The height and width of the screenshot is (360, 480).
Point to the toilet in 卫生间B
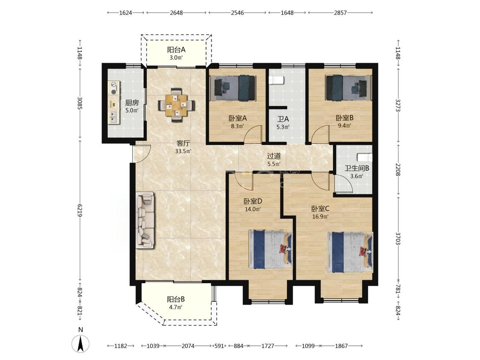point(365,157)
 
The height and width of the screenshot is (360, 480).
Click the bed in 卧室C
point(350,252)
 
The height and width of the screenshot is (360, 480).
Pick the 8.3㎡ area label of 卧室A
point(237,126)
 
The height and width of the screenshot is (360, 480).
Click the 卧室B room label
point(344,118)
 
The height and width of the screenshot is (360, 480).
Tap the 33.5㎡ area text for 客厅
point(183,151)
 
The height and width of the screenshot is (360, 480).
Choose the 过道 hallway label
point(274,156)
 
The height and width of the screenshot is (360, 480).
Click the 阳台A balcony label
point(176,49)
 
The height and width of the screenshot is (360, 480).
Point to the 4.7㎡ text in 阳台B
point(176,307)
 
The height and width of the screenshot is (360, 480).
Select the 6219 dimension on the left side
point(80,210)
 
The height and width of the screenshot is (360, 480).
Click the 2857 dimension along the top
point(340,12)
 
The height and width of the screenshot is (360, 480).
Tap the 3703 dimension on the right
point(398,238)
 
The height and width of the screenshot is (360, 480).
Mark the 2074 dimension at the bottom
point(188,346)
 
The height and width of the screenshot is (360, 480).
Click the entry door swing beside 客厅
point(141,153)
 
